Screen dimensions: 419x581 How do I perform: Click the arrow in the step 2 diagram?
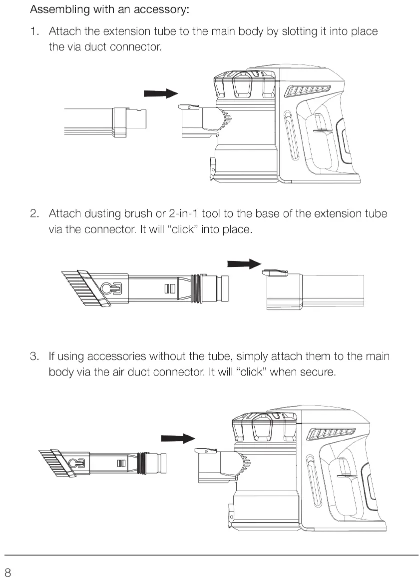(244, 263)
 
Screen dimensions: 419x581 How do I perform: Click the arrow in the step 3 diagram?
(177, 438)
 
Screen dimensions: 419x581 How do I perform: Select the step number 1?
(33, 31)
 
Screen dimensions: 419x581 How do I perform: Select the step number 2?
(34, 214)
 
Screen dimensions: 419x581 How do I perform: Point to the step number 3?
(34, 356)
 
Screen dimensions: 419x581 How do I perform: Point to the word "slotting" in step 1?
(301, 31)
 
